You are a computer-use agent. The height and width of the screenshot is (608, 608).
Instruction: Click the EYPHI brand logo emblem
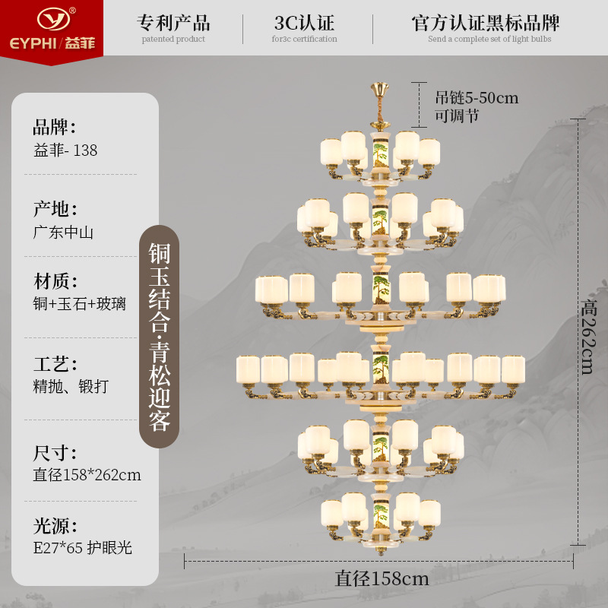(51, 17)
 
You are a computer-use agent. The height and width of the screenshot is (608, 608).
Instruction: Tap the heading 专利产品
(173, 22)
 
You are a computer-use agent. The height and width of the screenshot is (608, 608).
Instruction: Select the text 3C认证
(306, 22)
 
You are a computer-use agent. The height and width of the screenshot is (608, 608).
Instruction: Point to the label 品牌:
(55, 127)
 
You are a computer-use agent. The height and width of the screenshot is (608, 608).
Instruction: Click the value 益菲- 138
(65, 150)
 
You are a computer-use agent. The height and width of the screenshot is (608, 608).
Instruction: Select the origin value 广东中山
(63, 233)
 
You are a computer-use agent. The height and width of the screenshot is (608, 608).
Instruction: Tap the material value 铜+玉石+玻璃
(80, 304)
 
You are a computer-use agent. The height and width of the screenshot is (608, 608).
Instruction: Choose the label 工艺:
(55, 363)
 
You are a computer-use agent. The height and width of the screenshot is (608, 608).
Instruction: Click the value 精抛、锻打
(71, 387)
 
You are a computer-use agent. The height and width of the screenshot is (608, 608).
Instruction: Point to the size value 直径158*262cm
(87, 475)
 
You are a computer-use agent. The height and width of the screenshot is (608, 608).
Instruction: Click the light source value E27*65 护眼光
(83, 547)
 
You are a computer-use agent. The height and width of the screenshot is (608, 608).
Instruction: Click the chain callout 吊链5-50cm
(476, 98)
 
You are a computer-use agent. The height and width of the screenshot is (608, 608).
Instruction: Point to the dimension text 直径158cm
(382, 578)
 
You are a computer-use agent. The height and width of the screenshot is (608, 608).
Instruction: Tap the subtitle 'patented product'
(173, 40)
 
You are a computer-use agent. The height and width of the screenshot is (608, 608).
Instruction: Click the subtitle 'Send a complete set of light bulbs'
(489, 40)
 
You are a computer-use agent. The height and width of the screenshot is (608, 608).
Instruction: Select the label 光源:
(55, 524)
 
